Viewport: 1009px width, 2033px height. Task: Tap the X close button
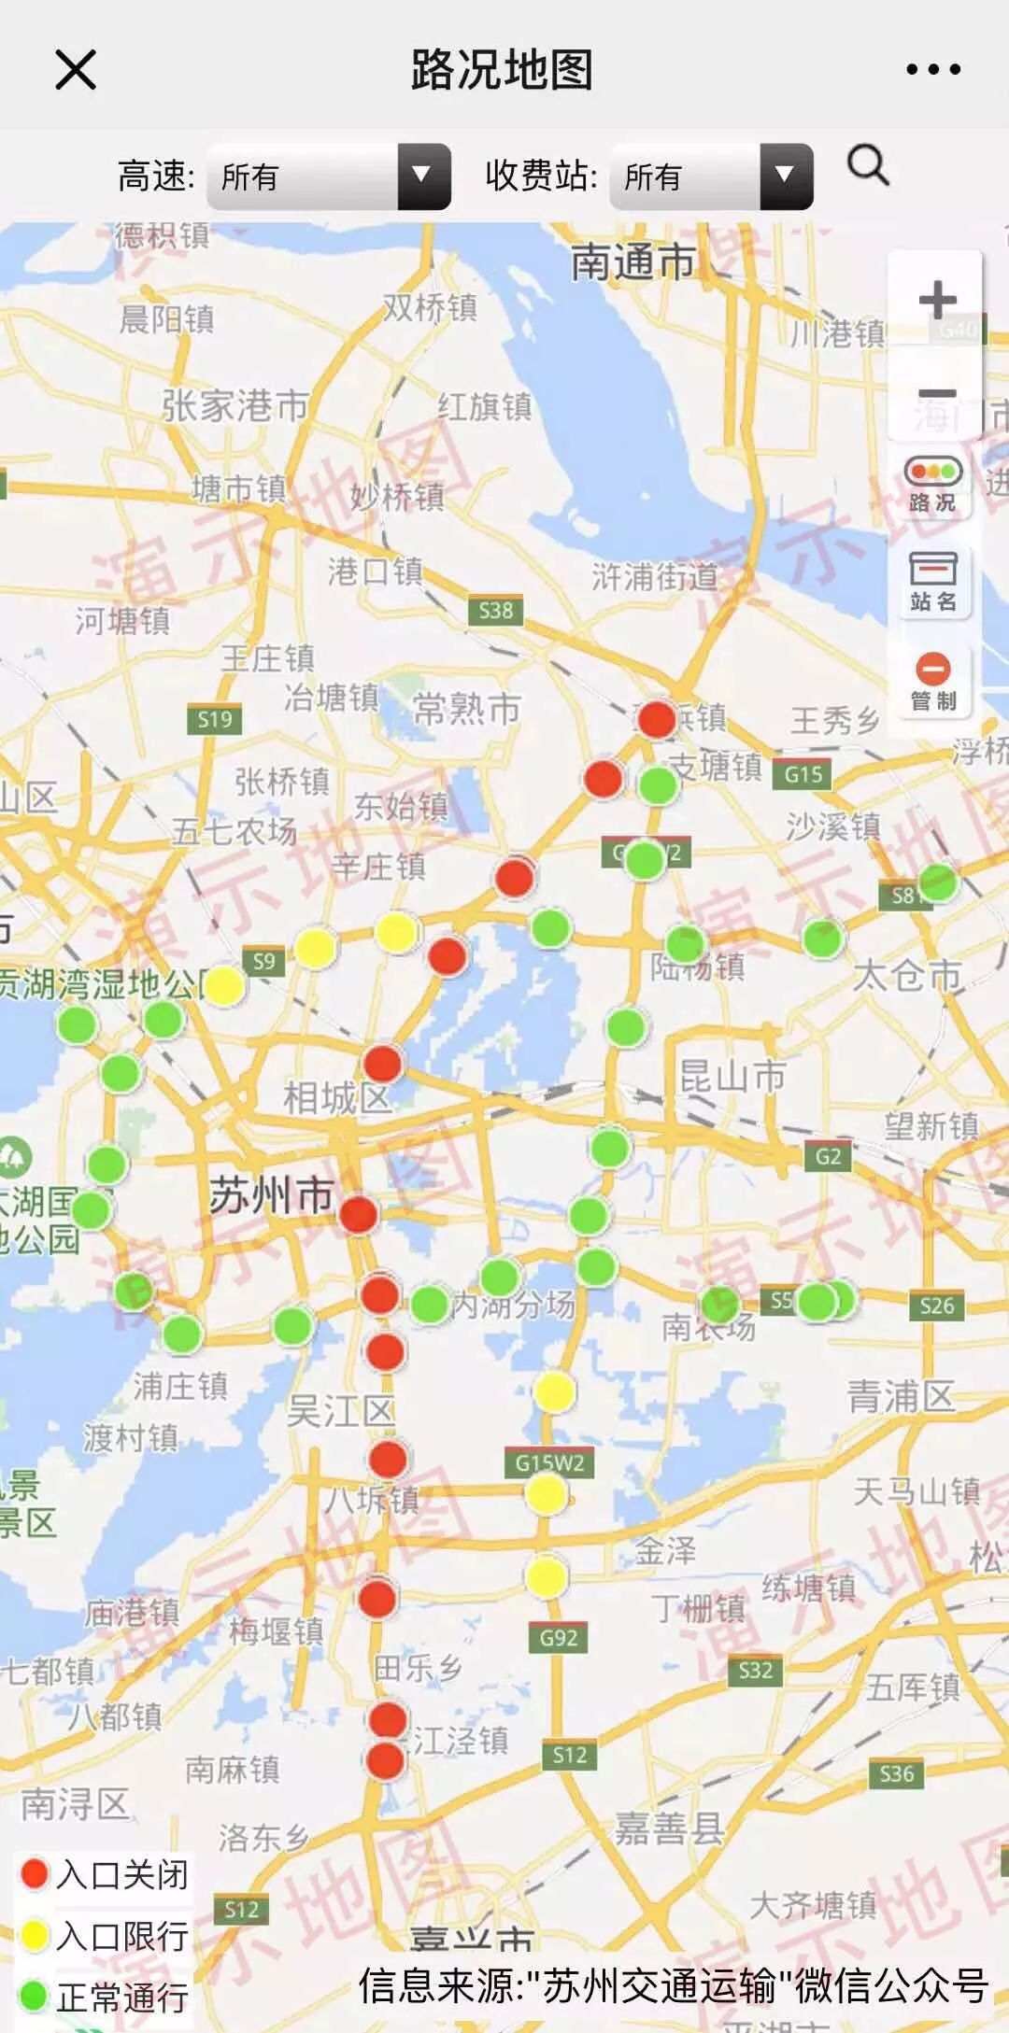(76, 70)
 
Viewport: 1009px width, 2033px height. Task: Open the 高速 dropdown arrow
(423, 176)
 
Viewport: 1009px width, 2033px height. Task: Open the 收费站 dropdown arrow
(786, 176)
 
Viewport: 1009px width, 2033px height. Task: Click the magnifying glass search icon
(868, 167)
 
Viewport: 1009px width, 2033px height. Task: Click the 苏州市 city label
(271, 1195)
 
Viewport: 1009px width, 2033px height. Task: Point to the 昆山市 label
(732, 1076)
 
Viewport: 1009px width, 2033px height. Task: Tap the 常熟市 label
(466, 710)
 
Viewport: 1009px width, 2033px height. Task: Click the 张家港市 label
(235, 405)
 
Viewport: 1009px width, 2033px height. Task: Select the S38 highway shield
(495, 611)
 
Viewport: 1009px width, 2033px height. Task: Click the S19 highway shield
(214, 719)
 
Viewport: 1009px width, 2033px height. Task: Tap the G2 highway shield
(828, 1156)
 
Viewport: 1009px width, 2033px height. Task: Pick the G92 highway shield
(559, 1637)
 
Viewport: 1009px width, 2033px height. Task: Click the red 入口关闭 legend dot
(35, 1873)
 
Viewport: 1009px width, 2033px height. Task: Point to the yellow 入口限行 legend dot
(35, 1935)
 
